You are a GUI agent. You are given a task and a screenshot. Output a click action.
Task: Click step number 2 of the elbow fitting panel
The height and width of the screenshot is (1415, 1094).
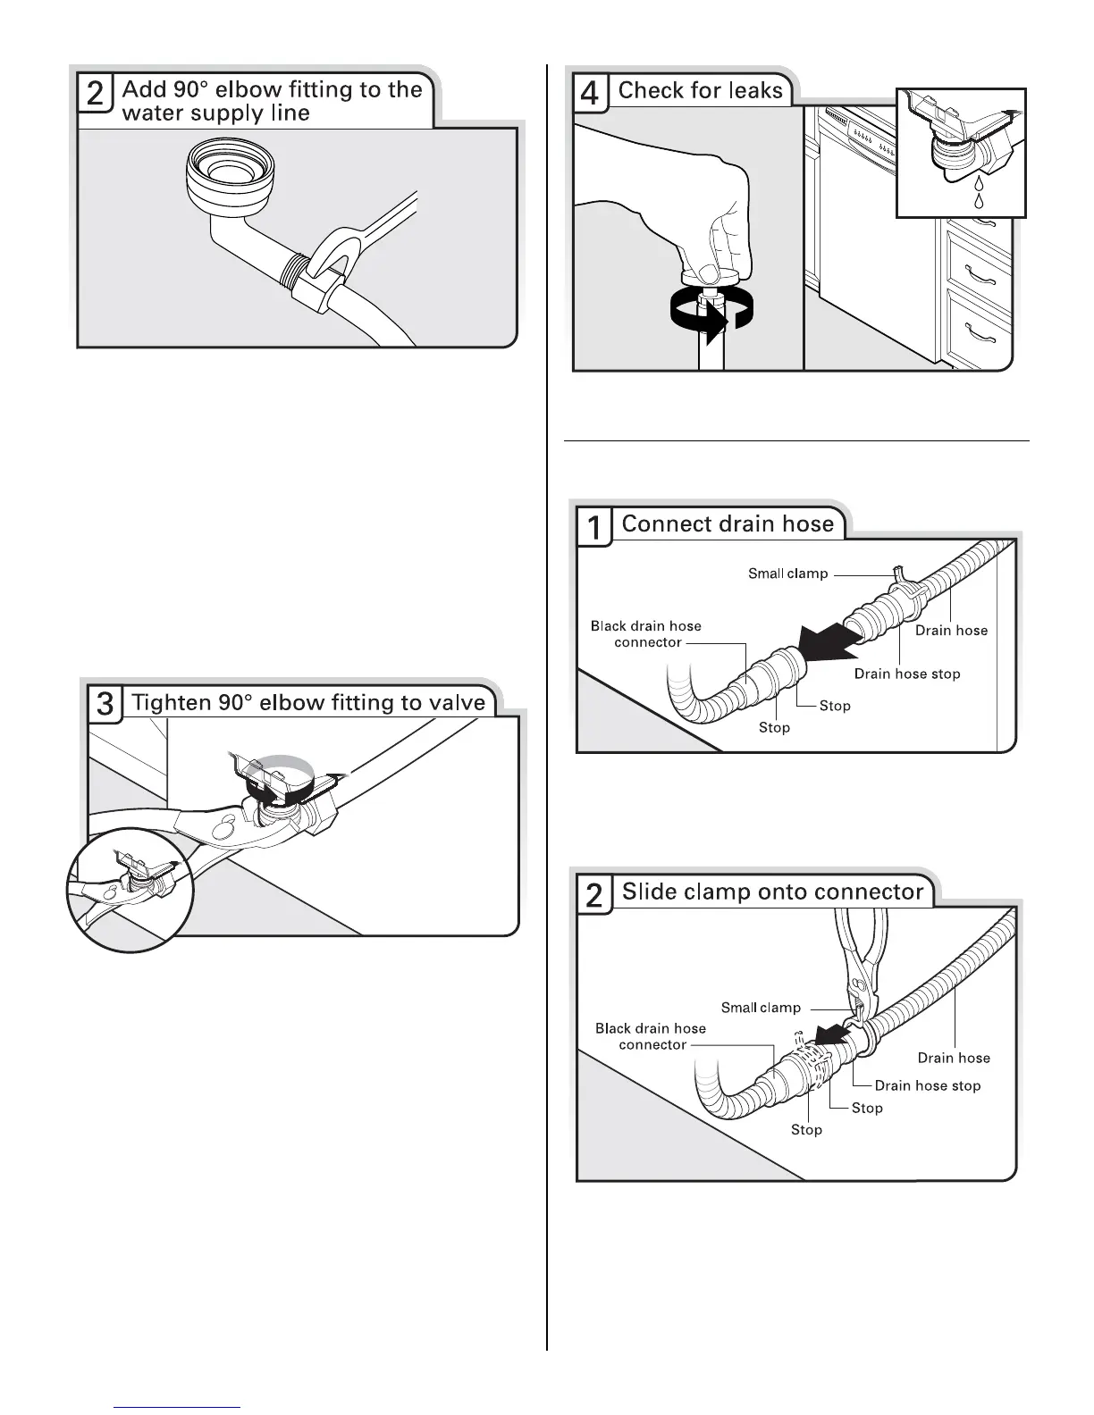(95, 94)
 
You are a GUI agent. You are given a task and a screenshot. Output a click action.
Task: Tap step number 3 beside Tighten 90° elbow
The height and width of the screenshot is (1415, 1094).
(105, 704)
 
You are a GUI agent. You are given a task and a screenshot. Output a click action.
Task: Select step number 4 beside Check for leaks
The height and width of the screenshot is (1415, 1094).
(589, 92)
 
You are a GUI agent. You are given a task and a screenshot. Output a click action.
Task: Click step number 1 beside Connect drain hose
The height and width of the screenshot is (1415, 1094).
(593, 527)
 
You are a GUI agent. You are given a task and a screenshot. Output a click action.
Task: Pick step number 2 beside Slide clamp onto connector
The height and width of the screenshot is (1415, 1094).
(594, 894)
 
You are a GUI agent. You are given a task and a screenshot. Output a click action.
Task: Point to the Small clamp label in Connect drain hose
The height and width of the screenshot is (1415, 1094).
(787, 574)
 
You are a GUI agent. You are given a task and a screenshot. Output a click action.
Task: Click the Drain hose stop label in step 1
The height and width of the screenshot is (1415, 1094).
(906, 674)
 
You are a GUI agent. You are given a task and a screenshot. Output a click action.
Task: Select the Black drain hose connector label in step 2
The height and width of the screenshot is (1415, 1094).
(651, 1036)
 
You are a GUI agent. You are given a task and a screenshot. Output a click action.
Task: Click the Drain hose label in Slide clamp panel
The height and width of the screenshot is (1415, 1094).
(954, 1058)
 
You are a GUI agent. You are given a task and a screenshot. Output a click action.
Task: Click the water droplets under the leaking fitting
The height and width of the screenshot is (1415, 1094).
(979, 195)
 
